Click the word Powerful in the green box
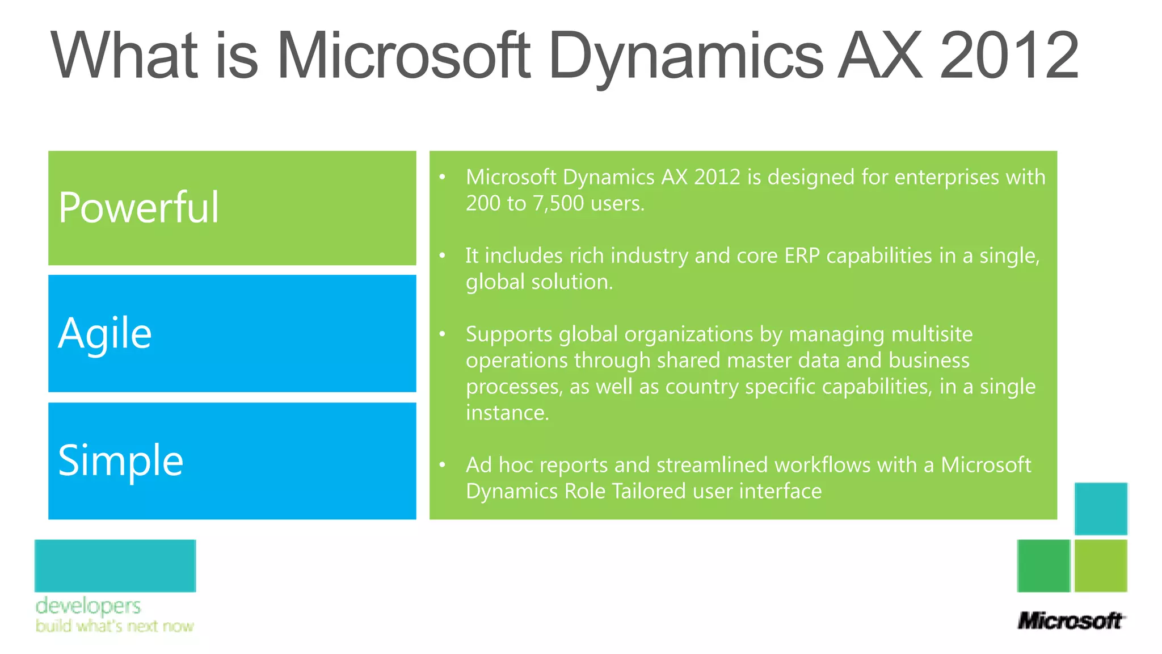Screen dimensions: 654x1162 (138, 208)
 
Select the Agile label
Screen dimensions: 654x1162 (105, 334)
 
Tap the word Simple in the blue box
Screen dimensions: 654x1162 (121, 460)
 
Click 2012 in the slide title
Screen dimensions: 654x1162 (1009, 56)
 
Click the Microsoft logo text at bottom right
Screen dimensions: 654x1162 (1070, 621)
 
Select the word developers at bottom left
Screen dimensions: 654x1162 (88, 606)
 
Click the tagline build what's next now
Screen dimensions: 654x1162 (115, 626)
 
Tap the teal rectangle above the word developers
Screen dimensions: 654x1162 (115, 565)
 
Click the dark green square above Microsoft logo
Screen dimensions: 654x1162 (1043, 565)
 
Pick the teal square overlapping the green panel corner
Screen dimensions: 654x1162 (1101, 509)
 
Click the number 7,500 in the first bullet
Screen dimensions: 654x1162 (558, 203)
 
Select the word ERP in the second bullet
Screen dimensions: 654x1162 (802, 256)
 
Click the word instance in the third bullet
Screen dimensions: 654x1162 (507, 413)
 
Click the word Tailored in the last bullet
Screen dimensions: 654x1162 (649, 491)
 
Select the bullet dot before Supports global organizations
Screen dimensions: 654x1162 (443, 334)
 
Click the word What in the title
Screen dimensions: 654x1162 (125, 56)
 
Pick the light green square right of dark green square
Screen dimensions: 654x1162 (1101, 565)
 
